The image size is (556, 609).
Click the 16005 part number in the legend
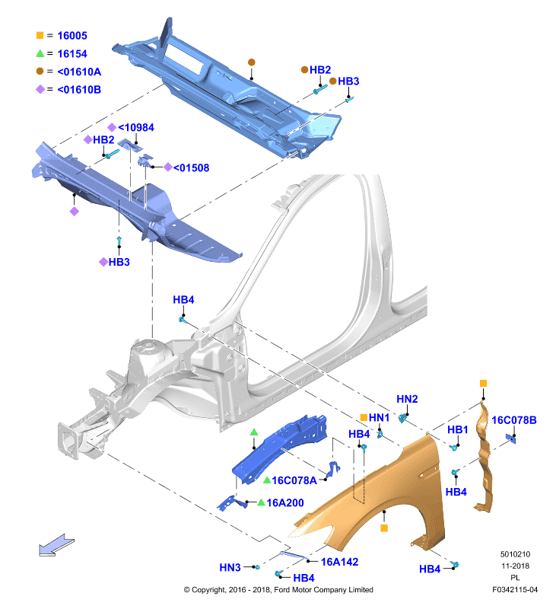point(72,36)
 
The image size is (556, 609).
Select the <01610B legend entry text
point(79,90)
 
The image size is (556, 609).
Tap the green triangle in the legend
point(40,53)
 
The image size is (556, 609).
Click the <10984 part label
point(136,127)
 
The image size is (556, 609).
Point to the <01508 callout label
point(191,167)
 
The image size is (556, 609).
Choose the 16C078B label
point(514,420)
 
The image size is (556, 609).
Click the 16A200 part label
point(285,503)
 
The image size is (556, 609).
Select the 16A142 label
point(339,562)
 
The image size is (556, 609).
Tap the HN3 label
point(230,567)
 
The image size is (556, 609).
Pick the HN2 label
point(407,399)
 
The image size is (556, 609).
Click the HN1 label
point(379,417)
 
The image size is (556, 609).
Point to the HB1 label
point(457,429)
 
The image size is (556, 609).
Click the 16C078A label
point(294,480)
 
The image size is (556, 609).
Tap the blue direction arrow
point(56,544)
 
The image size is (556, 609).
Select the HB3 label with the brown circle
point(348,81)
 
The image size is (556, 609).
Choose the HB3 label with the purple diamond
point(119,262)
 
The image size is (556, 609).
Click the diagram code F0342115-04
point(515,589)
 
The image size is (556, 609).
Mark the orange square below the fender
point(384,528)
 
